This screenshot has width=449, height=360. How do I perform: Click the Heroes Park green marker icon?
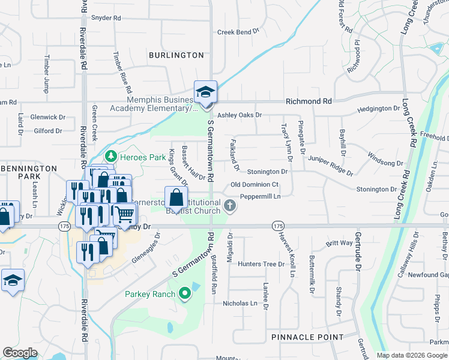[110, 156]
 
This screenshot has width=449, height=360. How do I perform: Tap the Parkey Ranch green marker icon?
[185, 294]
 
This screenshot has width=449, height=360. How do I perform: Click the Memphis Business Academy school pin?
[205, 92]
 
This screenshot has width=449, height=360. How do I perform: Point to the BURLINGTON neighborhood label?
[176, 55]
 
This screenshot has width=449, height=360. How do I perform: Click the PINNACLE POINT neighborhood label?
[307, 337]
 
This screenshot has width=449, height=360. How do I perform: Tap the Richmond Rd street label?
[309, 102]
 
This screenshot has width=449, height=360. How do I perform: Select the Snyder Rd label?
[106, 18]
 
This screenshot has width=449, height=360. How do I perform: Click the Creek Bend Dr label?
[238, 32]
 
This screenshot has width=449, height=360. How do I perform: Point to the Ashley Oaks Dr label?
[240, 115]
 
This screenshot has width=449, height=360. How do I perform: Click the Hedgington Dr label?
[378, 109]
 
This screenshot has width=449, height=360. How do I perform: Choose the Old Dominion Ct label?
[255, 185]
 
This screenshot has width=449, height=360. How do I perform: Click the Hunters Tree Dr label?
[261, 264]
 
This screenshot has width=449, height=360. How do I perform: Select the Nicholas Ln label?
[240, 303]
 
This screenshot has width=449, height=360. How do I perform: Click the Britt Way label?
[339, 243]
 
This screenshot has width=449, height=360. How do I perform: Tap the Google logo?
[20, 353]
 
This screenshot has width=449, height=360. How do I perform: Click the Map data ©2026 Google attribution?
[412, 355]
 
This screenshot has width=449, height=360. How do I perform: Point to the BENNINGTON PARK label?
[28, 173]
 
